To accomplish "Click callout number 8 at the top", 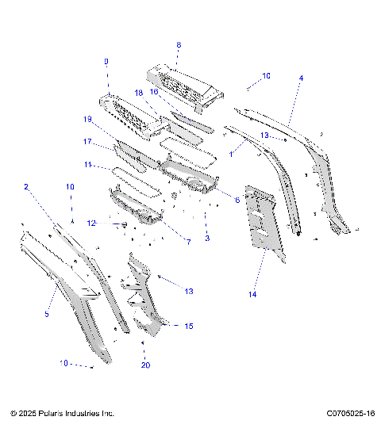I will tap(178, 45).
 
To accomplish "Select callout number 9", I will tap(106, 62).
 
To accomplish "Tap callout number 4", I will tap(301, 78).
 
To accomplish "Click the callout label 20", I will tap(144, 365).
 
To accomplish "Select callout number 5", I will tap(47, 314).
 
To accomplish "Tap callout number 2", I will tap(26, 187).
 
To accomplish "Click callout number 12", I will tap(91, 224).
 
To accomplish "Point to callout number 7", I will tap(188, 241).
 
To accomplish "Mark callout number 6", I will tap(237, 200).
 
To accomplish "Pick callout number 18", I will tap(139, 93).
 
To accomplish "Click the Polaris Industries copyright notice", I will tap(63, 414).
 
